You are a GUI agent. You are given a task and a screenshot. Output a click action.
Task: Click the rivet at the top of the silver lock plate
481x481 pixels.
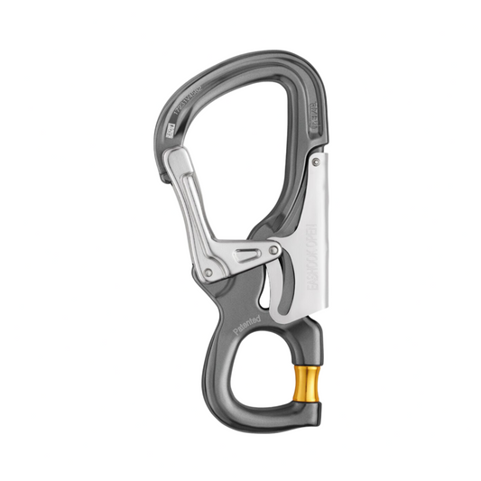pyautogui.click(x=316, y=160)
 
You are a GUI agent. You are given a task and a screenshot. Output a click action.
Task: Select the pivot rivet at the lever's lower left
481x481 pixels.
pyautogui.click(x=209, y=273)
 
